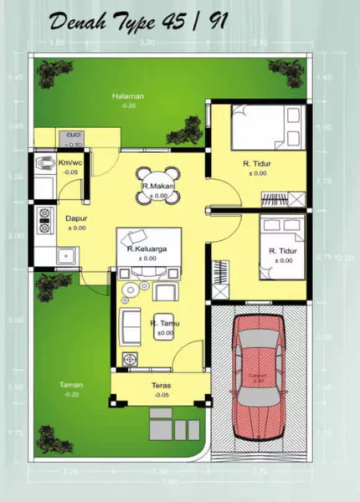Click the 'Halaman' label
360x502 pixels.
128,96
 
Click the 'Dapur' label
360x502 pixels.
76,218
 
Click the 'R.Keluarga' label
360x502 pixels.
144,249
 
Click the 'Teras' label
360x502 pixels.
162,386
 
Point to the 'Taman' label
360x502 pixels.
71,385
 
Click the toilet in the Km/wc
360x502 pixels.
43,165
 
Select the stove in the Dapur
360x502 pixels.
41,219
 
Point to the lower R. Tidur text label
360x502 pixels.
280,251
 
